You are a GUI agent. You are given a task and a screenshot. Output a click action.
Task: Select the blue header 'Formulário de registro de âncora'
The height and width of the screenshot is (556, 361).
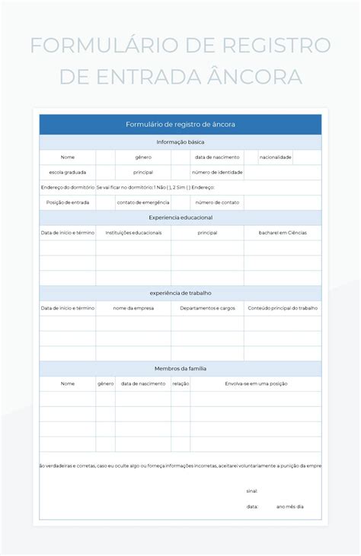pos(180,124)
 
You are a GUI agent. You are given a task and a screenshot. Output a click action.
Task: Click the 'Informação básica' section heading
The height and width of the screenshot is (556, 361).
pos(180,142)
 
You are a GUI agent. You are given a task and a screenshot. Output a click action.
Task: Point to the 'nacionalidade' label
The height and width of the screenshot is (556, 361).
pos(275,157)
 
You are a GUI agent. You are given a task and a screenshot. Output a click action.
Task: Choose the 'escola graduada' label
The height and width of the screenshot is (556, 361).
pos(68,172)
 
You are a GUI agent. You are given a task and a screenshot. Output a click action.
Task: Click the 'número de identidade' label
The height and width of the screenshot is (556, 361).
pos(217,172)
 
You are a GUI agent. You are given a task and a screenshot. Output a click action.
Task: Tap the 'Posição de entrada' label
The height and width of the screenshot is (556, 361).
pos(68,202)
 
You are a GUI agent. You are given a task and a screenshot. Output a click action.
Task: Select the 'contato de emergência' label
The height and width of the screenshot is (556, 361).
pos(143,202)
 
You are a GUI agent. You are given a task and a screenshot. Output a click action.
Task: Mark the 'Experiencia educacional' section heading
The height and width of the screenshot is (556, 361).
pos(180,218)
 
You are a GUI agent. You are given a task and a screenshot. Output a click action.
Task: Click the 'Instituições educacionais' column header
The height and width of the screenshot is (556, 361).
pos(133,233)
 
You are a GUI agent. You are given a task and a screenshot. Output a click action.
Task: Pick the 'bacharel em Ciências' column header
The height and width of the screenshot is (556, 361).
pos(283,233)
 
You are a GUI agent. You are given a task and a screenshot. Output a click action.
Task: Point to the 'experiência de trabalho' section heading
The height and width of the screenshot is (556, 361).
pos(180,293)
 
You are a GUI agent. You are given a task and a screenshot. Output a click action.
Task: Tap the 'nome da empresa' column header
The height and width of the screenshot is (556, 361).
pos(133,308)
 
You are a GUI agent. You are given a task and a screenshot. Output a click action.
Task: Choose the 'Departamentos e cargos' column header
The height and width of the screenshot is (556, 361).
pos(207,308)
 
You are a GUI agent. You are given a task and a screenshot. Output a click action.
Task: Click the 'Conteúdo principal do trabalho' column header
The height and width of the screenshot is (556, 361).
pos(283,308)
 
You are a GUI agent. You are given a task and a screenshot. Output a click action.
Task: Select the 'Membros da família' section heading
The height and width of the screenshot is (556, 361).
pos(180,368)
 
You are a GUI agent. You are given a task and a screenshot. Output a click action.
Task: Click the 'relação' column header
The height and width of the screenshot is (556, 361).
pos(180,384)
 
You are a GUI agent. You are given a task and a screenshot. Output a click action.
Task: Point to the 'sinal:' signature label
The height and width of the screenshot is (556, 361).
pos(251,491)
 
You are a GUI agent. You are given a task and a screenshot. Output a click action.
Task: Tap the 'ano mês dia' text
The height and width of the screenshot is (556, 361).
pos(289,507)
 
